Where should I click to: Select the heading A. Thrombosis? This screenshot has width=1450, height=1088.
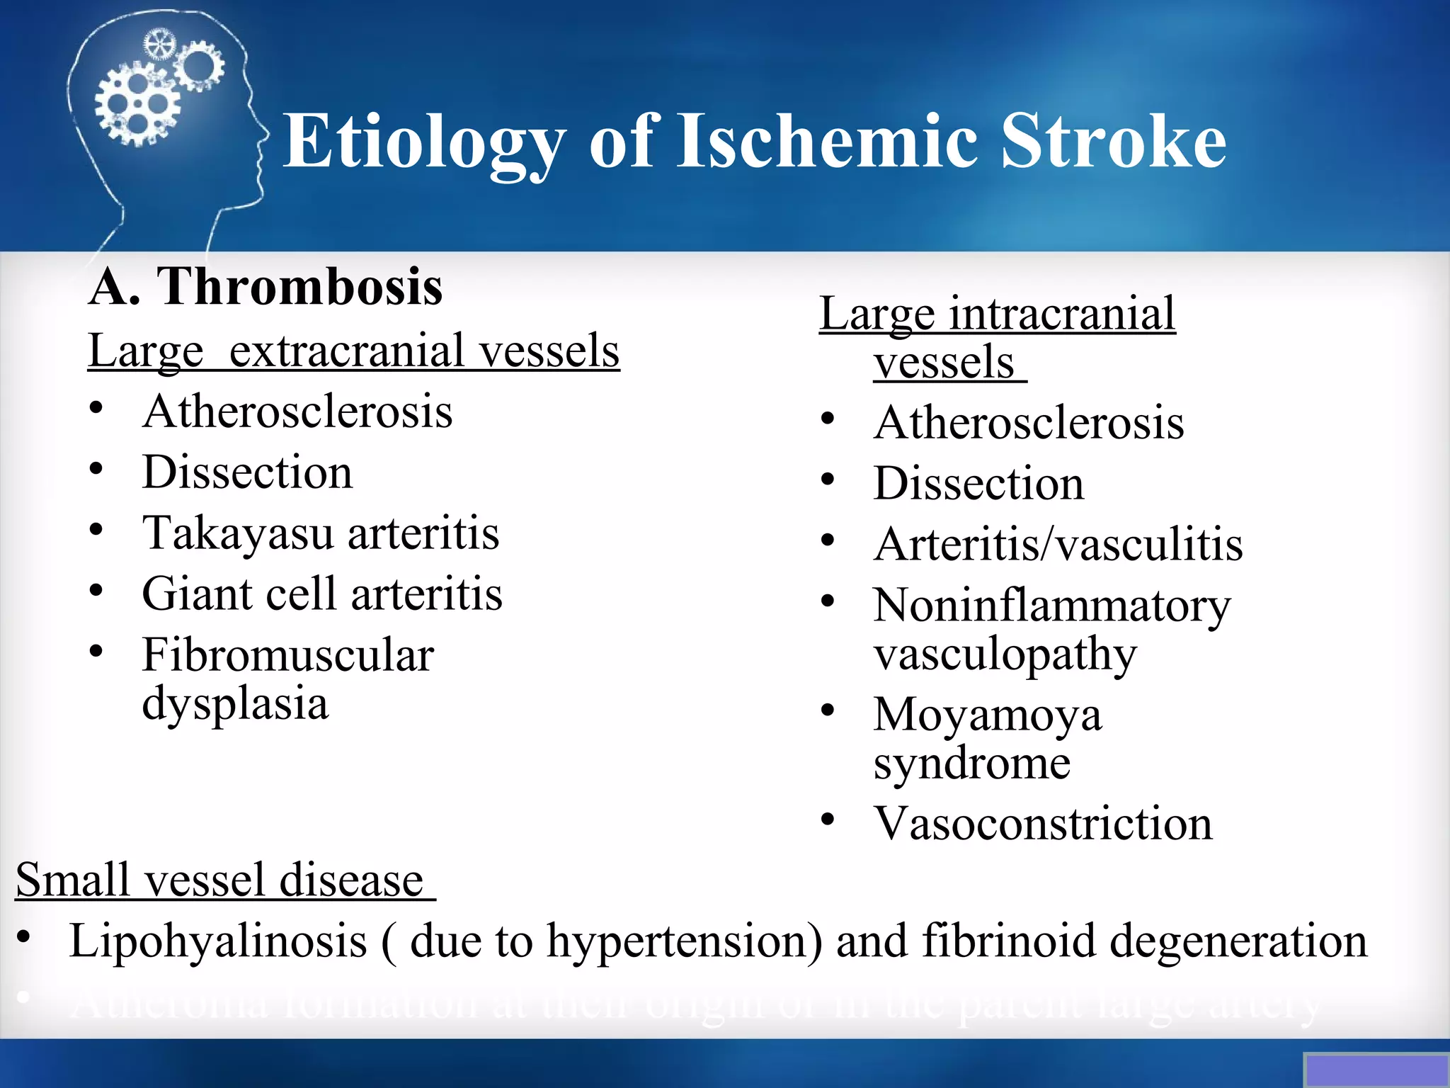point(266,287)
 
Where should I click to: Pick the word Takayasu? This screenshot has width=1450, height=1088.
point(237,533)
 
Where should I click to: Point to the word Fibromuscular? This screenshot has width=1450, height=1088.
point(287,655)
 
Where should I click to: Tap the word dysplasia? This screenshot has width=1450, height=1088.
point(235,703)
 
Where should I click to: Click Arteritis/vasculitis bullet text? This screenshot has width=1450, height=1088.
point(1058,545)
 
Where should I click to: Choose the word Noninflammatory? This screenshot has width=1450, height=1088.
point(1051,606)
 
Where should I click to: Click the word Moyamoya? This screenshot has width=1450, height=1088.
point(987,715)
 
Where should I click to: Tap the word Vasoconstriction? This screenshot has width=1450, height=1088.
point(1042,824)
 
